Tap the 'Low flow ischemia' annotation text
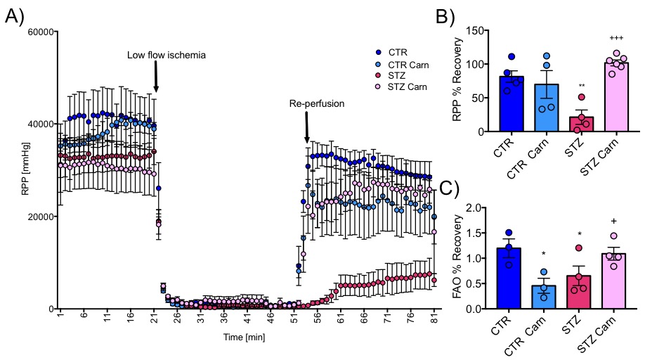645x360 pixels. point(167,55)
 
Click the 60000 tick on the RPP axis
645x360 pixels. point(40,31)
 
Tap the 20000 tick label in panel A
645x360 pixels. point(40,217)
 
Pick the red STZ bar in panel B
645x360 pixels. point(581,124)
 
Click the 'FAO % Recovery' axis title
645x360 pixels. point(460,258)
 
